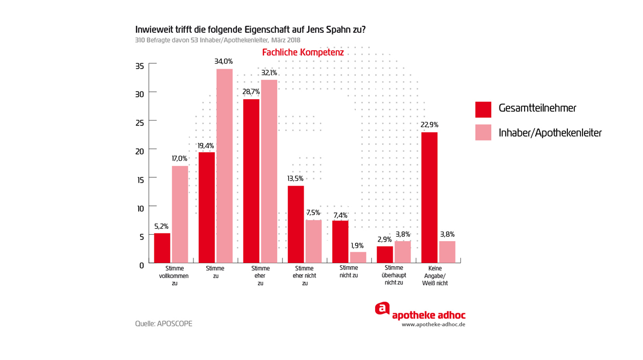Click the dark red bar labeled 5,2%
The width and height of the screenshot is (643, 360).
click(x=162, y=248)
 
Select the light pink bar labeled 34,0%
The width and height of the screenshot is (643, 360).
click(x=225, y=166)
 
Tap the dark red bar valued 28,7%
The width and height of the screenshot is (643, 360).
click(x=251, y=181)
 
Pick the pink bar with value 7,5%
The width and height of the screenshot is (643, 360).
click(x=313, y=241)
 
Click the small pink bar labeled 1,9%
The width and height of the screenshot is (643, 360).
click(x=358, y=257)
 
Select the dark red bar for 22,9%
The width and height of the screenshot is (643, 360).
click(x=429, y=197)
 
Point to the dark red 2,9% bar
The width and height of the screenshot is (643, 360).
click(x=385, y=254)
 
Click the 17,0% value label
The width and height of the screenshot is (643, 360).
click(x=180, y=159)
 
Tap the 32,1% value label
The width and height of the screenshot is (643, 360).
click(x=269, y=73)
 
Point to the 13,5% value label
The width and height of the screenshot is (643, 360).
click(x=295, y=178)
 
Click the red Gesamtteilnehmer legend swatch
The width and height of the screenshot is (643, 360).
click(x=483, y=109)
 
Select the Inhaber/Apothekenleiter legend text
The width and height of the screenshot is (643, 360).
click(x=550, y=132)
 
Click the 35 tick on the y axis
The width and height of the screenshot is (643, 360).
click(x=139, y=66)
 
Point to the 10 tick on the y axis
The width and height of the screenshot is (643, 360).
click(x=139, y=208)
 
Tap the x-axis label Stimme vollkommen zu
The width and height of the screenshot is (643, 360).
click(x=175, y=275)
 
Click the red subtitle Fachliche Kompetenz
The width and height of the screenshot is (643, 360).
click(x=303, y=52)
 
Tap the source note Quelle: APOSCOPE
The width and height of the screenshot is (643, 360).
click(x=163, y=324)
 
